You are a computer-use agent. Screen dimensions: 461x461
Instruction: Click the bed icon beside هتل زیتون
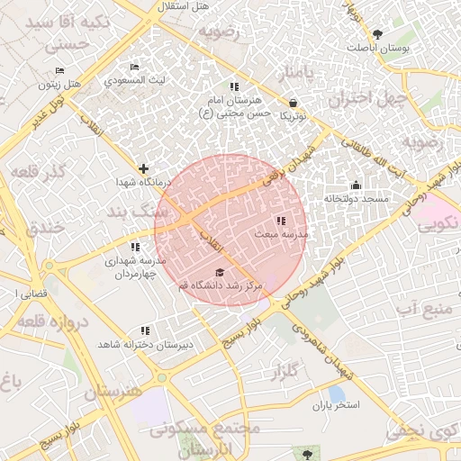(x=59, y=70)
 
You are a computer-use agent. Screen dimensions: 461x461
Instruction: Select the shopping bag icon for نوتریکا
(x=294, y=103)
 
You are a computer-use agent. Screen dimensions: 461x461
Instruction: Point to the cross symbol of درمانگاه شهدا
(x=143, y=168)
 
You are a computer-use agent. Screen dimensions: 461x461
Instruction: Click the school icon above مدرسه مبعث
(x=281, y=220)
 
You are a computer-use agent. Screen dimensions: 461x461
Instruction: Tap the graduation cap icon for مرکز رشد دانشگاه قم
(x=219, y=272)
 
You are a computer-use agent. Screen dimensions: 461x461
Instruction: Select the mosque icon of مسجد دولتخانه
(x=356, y=185)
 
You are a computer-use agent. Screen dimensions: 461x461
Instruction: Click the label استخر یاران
(x=336, y=405)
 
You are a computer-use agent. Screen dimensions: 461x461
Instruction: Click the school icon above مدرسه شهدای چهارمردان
(x=135, y=247)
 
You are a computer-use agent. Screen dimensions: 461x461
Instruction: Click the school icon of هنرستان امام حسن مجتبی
(x=234, y=86)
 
